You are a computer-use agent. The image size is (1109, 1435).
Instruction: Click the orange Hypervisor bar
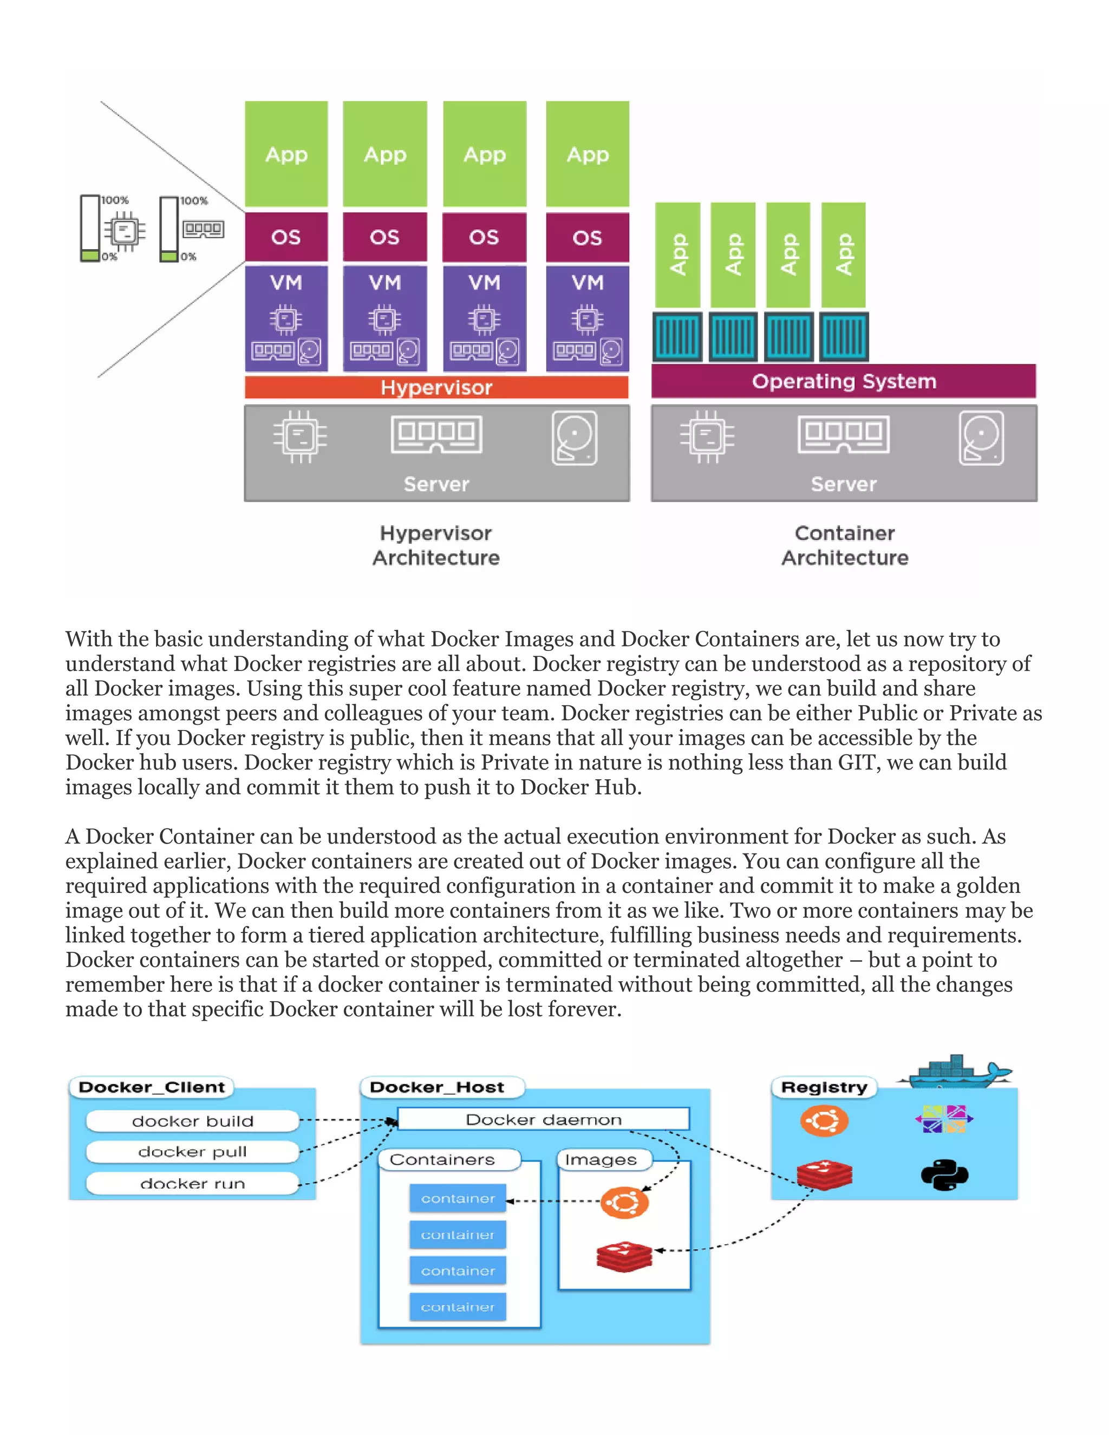pos(436,387)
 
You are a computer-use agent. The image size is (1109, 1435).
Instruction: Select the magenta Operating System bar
pos(844,381)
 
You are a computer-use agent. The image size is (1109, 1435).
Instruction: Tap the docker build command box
pos(192,1121)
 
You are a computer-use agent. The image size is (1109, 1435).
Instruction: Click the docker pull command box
pos(192,1152)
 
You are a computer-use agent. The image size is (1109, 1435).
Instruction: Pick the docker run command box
pos(192,1183)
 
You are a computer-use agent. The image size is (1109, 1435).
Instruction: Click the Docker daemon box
pos(543,1119)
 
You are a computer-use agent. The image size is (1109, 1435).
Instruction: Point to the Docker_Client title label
pos(152,1087)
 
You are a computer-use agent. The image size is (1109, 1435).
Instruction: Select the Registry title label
pos(824,1087)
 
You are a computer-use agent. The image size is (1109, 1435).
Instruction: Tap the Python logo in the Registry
pos(944,1176)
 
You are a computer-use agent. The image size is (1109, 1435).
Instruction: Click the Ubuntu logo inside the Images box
pos(624,1202)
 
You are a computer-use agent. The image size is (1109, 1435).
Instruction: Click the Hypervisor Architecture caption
pos(436,545)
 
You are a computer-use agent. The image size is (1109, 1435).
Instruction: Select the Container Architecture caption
pos(845,545)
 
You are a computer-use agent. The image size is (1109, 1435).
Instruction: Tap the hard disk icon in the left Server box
pos(574,438)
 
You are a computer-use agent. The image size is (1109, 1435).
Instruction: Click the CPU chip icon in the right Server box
pos(707,436)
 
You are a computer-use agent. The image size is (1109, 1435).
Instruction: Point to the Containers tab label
pos(442,1160)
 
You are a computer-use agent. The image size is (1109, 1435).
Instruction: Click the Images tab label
pos(601,1160)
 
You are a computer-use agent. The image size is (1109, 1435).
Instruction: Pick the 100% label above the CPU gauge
pos(115,200)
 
